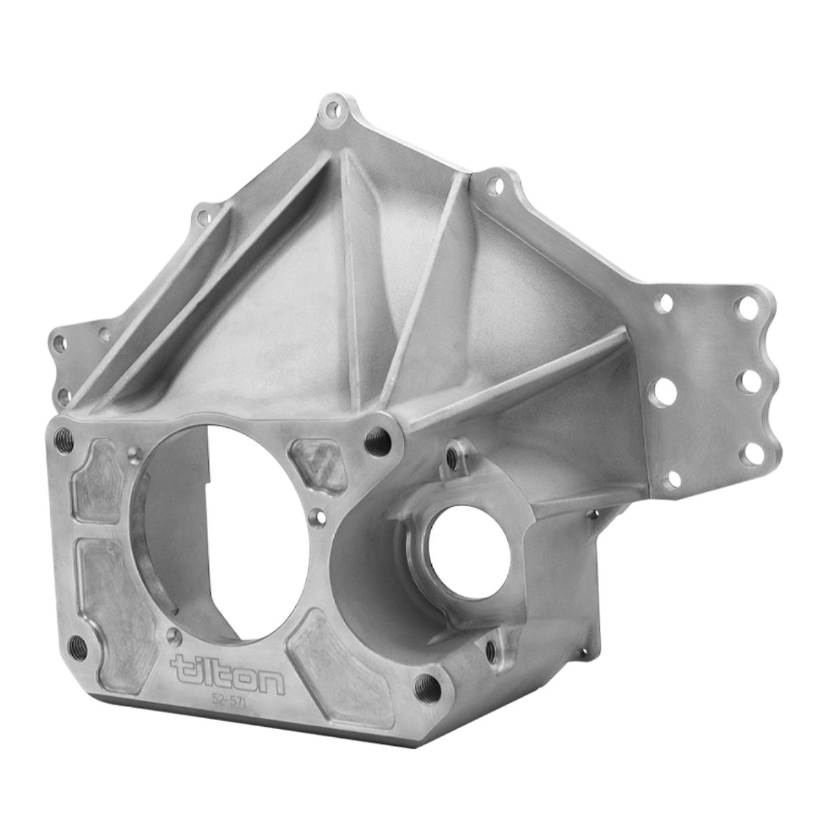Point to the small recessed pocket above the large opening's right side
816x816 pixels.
click(318, 464)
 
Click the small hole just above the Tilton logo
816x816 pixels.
click(175, 636)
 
